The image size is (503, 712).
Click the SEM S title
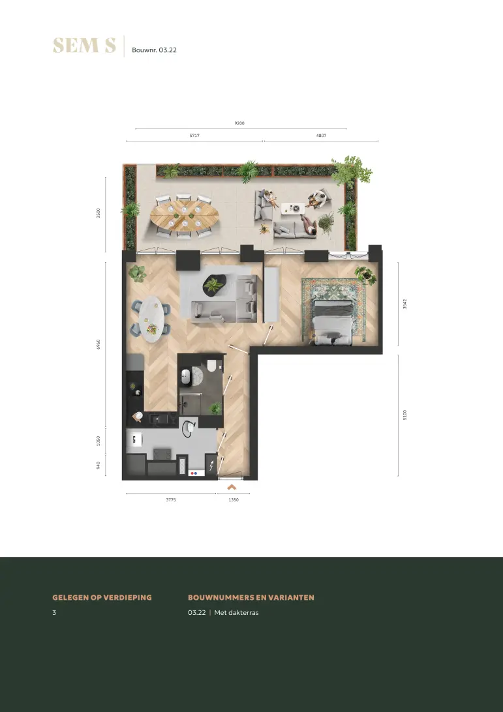tap(85, 46)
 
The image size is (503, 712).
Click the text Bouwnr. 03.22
tap(154, 50)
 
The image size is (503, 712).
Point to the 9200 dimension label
tap(239, 123)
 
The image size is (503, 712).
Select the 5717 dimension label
tap(194, 136)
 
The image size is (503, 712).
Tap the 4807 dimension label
tap(321, 136)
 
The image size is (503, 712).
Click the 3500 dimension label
tap(98, 213)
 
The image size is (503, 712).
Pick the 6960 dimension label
tap(98, 344)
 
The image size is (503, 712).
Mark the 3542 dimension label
tap(405, 304)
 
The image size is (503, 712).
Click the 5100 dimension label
tap(405, 415)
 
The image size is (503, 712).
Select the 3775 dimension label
tap(171, 499)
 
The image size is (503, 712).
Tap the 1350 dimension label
tap(234, 499)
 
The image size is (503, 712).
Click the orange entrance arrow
tap(232, 487)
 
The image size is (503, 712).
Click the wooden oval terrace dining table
tap(184, 216)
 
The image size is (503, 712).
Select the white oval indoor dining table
tap(151, 319)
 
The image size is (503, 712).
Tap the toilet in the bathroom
tap(212, 366)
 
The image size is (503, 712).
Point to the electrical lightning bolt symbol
tap(211, 466)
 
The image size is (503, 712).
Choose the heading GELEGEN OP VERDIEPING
tap(102, 597)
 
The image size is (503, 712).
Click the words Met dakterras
tap(236, 612)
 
